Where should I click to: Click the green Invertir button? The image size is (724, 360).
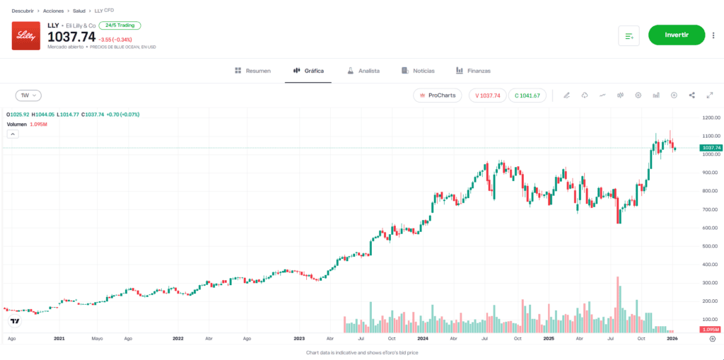pos(676,35)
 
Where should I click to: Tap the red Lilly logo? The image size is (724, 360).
pos(26,35)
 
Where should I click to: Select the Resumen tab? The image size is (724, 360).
pos(252,71)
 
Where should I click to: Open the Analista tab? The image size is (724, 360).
pos(363,71)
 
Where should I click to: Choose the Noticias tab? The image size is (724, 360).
pos(418,71)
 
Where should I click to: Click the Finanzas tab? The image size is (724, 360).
pos(473,71)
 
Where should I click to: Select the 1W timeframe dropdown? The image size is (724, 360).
pos(29,95)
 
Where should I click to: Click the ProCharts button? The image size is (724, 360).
pos(438,95)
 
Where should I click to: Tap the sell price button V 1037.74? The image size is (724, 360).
pos(487,95)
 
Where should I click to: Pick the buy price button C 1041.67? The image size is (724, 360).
pos(527,95)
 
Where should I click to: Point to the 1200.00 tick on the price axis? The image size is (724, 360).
pos(711,117)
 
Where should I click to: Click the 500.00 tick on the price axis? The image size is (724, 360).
pos(711,246)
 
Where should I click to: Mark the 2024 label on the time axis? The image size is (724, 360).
pos(422,339)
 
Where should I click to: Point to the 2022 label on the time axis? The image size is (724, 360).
pos(178,339)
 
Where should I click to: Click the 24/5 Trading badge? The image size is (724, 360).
pos(119,25)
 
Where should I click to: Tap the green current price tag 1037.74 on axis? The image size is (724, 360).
pos(711,148)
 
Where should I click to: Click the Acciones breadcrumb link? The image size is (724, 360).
pos(53,11)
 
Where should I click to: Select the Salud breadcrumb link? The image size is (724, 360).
pos(79,11)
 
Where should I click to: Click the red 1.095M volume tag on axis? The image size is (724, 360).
pos(711,330)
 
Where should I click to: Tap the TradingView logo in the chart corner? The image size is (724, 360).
pos(15,321)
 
